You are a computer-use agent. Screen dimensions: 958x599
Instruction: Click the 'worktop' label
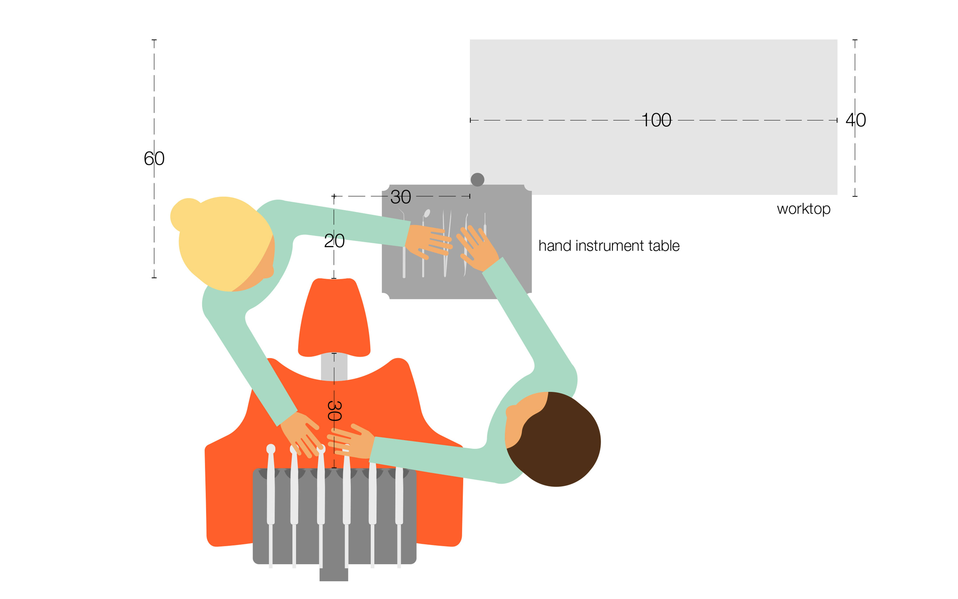pos(803,209)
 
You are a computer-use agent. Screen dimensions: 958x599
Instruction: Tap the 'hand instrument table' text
pos(609,246)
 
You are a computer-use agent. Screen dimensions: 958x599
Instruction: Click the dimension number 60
pos(154,158)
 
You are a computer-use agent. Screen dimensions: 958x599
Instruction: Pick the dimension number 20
pos(334,240)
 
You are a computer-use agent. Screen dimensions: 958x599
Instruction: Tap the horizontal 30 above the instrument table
pos(401,197)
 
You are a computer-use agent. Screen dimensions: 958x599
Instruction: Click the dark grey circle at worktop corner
pos(478,179)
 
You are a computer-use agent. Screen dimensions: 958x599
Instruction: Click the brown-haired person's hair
pos(558,440)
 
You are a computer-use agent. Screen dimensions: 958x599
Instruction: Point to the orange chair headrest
pos(334,317)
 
